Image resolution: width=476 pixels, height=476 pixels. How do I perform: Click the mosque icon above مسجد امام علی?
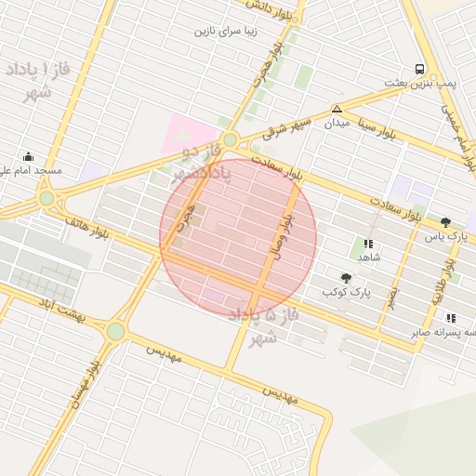pyautogui.click(x=29, y=156)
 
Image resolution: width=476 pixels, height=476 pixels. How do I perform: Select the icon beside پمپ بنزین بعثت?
pyautogui.click(x=419, y=69)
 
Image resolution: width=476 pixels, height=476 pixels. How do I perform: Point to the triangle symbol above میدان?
pyautogui.click(x=337, y=109)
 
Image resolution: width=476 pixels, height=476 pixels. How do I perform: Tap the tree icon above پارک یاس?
pyautogui.click(x=445, y=222)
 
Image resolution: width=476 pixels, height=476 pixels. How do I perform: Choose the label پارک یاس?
pyautogui.click(x=444, y=237)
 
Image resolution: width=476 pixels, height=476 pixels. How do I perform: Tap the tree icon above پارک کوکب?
pyautogui.click(x=347, y=277)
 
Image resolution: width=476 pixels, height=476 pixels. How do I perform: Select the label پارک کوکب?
pyautogui.click(x=346, y=292)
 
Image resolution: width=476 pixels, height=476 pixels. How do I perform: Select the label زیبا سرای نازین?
pyautogui.click(x=224, y=31)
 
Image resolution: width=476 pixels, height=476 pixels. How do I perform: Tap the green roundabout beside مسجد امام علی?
pyautogui.click(x=46, y=198)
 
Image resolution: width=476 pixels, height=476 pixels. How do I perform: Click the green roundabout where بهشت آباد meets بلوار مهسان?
pyautogui.click(x=115, y=331)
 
